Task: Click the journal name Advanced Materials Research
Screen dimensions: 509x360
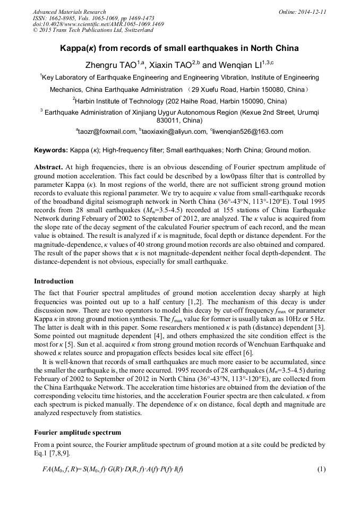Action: tap(69, 12)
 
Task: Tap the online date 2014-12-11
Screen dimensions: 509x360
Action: tap(311, 12)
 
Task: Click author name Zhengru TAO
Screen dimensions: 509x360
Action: tap(111, 65)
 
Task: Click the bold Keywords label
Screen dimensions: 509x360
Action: tap(51, 151)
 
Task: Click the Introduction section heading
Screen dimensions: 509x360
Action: tap(54, 281)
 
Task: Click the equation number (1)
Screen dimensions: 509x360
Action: tap(321, 469)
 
